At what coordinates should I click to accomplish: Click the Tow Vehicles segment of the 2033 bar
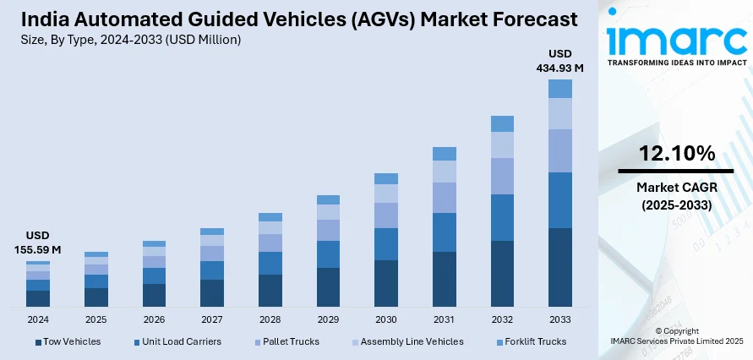coord(560,267)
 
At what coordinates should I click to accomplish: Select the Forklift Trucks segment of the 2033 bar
coord(560,89)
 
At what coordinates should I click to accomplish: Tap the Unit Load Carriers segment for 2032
coord(502,217)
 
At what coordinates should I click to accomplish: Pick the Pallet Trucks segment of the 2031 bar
coord(445,198)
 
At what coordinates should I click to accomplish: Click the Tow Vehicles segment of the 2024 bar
coord(38,298)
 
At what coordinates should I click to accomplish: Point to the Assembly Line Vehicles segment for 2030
coord(386,194)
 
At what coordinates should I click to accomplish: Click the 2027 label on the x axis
coord(212,319)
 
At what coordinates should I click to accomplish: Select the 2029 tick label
coord(328,319)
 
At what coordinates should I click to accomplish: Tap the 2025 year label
coord(96,319)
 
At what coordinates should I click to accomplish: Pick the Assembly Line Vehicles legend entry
coord(407,341)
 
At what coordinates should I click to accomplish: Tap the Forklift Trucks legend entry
coord(530,341)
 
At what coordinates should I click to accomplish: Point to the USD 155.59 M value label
coord(38,243)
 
